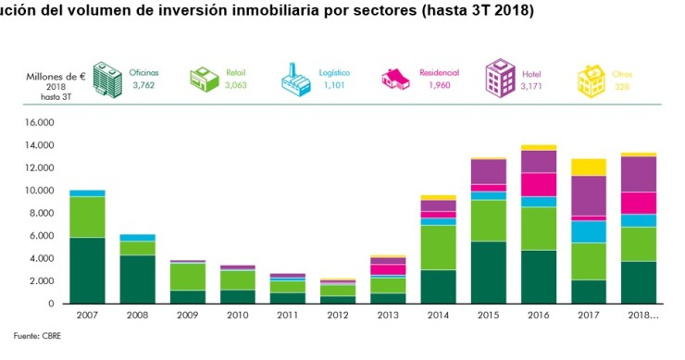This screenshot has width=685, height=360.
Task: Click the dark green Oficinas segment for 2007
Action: pyautogui.click(x=87, y=270)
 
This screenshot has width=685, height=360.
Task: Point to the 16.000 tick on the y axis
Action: pyautogui.click(x=38, y=122)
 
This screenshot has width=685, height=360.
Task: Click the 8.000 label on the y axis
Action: pyautogui.click(x=41, y=213)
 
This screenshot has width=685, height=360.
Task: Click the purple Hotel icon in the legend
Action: pyautogui.click(x=501, y=76)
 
